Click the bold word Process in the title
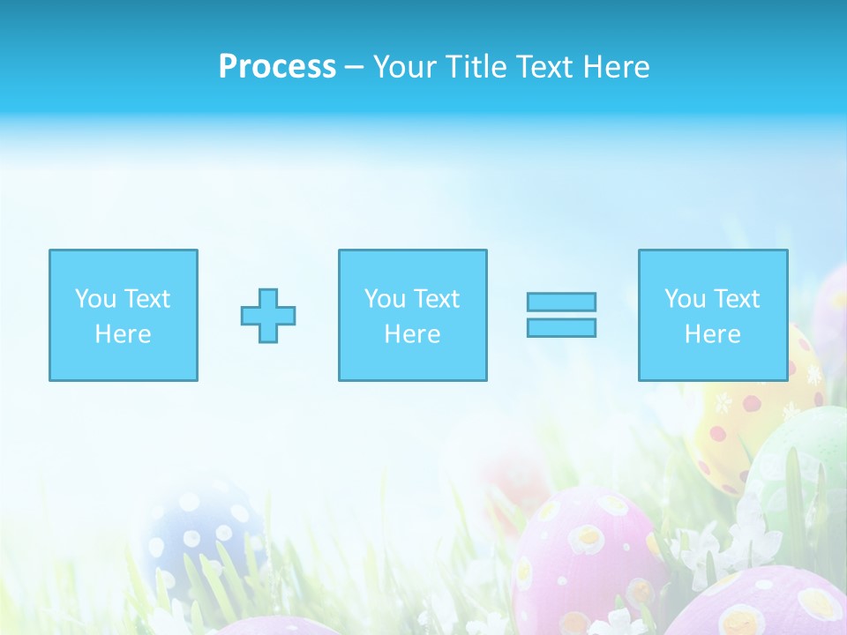277,67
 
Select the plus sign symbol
268,315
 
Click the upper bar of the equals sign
561,302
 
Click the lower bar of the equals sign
561,327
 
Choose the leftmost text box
124,315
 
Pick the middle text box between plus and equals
412,315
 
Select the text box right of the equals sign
712,315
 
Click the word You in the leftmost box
94,299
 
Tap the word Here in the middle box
412,334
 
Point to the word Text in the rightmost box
737,299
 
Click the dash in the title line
354,68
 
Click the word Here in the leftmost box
123,334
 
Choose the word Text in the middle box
437,299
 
